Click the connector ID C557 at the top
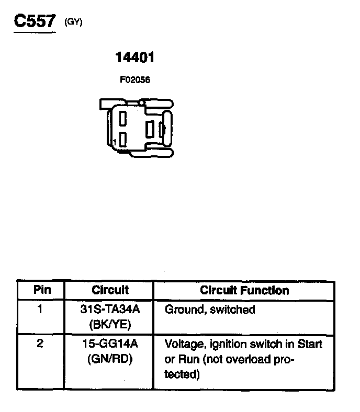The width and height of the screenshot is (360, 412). click(x=34, y=22)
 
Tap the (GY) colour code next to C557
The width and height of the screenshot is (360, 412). click(x=73, y=22)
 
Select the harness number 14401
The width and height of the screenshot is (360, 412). click(x=135, y=58)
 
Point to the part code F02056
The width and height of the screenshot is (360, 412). click(x=135, y=80)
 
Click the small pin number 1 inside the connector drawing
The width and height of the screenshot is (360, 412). click(x=115, y=142)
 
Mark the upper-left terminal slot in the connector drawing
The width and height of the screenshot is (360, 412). click(x=123, y=119)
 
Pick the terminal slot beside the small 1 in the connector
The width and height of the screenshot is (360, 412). click(x=123, y=139)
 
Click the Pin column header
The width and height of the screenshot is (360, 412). click(x=42, y=290)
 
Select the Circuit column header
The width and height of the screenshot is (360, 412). click(x=110, y=290)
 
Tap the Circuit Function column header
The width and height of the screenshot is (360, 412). click(x=244, y=290)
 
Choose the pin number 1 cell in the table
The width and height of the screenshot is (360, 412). click(x=40, y=309)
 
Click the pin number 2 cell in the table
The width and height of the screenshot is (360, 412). click(x=40, y=344)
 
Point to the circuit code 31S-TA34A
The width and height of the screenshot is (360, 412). click(x=110, y=310)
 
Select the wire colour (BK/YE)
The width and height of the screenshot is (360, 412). click(x=110, y=325)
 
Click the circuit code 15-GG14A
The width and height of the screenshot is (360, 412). click(x=110, y=344)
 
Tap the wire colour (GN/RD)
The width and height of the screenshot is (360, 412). click(x=110, y=360)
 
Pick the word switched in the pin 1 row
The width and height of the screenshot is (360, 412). click(x=232, y=310)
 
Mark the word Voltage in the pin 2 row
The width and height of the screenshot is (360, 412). click(x=183, y=344)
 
